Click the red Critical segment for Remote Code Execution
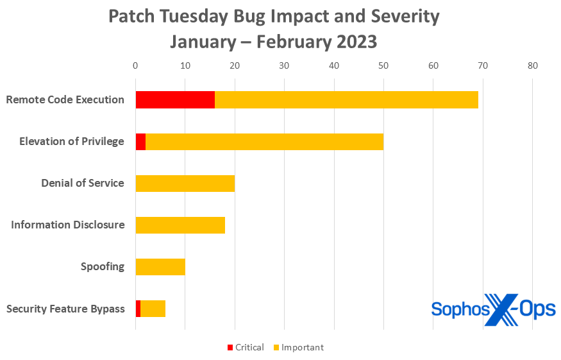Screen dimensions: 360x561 pyautogui.click(x=175, y=100)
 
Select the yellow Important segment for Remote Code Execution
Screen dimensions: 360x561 pyautogui.click(x=346, y=100)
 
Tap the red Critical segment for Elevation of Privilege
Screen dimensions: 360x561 pyautogui.click(x=140, y=142)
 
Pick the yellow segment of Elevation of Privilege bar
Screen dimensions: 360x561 pyautogui.click(x=264, y=142)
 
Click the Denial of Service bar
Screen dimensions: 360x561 pyautogui.click(x=185, y=184)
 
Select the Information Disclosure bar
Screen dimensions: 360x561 pyautogui.click(x=180, y=225)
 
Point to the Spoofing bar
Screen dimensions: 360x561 pyautogui.click(x=160, y=267)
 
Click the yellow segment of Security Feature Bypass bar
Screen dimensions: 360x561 pyautogui.click(x=153, y=309)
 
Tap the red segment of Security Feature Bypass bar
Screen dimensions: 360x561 pyautogui.click(x=138, y=309)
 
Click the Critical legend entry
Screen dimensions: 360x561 pyautogui.click(x=245, y=347)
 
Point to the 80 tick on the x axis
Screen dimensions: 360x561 pyautogui.click(x=532, y=65)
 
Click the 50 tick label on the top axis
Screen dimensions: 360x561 pyautogui.click(x=383, y=65)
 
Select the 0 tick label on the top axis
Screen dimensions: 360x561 pyautogui.click(x=135, y=65)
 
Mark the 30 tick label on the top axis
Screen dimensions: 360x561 pyautogui.click(x=284, y=65)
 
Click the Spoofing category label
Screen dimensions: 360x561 pyautogui.click(x=102, y=267)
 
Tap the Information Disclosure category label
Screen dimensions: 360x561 pyautogui.click(x=67, y=225)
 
